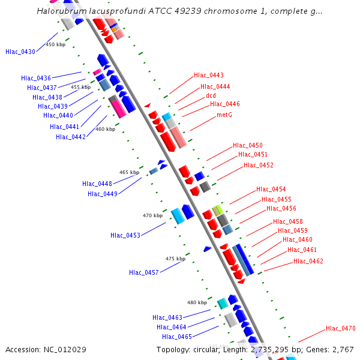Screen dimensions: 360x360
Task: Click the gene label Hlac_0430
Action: pos(20,52)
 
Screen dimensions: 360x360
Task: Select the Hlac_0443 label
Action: pos(209,75)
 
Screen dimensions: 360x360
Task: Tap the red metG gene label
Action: pos(224,115)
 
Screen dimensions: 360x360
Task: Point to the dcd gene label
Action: pos(211,95)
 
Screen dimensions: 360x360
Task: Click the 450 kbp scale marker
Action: pos(56,44)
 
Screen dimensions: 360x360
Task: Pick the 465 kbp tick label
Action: pos(129,172)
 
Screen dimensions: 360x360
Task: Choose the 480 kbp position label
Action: pos(197,302)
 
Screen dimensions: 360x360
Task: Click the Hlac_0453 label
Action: pos(125,235)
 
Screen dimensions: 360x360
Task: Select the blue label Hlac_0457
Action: pos(144,272)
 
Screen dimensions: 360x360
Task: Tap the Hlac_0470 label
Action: pos(341,328)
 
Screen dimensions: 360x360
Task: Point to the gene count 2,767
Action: pos(343,350)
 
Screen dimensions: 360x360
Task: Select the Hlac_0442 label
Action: pos(71,137)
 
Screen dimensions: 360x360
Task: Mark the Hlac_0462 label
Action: pos(308,261)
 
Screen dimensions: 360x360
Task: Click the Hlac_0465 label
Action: pos(177,337)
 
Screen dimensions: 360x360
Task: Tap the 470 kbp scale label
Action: pos(152,215)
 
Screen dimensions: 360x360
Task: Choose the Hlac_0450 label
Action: pos(248,145)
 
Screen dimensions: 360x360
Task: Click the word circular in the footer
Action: pos(206,350)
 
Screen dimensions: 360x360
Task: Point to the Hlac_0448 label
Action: pos(97,184)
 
